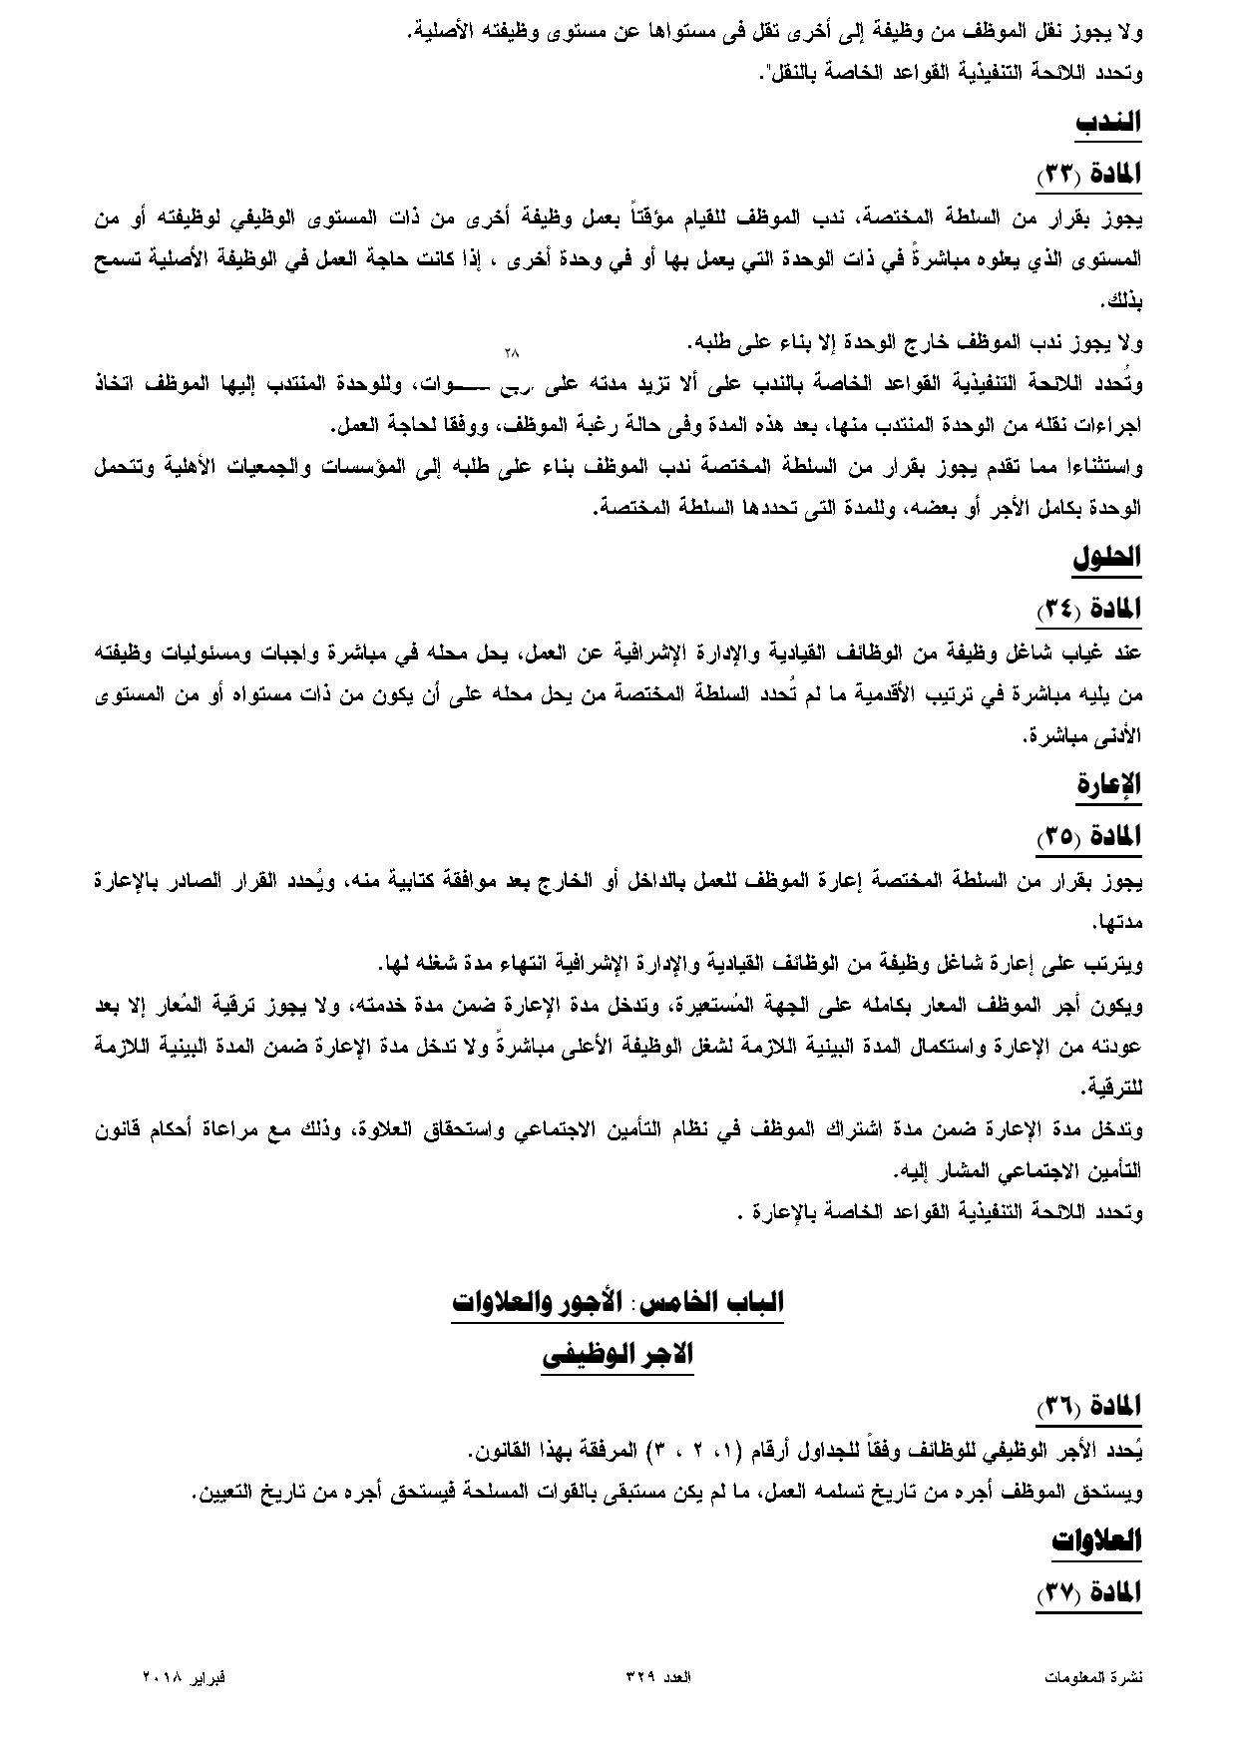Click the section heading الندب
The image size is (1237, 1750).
tap(1107, 123)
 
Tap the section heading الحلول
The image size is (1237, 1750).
tap(1106, 557)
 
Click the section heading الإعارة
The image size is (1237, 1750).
tap(1108, 784)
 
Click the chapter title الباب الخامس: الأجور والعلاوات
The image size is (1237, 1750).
tap(618, 1301)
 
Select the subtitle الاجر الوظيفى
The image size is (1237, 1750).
tap(618, 1354)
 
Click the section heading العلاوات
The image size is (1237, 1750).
tap(1096, 1539)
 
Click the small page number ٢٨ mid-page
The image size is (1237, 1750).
tap(513, 352)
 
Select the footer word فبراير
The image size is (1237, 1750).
tap(206, 1677)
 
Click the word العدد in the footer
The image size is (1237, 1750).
tap(677, 1677)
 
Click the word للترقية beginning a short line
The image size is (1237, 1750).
tap(1116, 1087)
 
